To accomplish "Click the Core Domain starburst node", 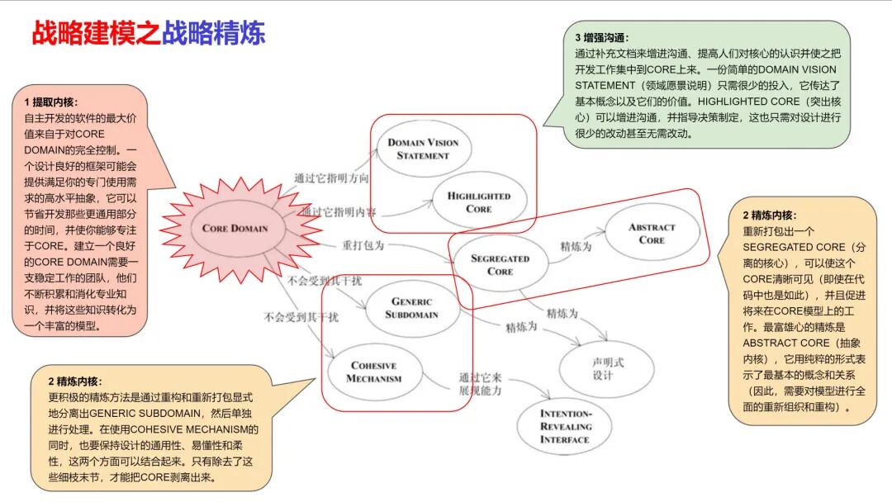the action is [x=235, y=229].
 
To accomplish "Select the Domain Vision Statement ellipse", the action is [x=423, y=149].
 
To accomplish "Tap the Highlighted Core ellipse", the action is [x=478, y=202].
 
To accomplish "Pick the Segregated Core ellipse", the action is [x=500, y=264].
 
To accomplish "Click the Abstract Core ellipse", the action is [x=652, y=234].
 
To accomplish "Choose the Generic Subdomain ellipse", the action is [x=411, y=308].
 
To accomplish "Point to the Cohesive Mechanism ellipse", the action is [x=374, y=372].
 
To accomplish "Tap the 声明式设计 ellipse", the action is [x=602, y=369].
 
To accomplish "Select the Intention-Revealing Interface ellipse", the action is [x=566, y=426].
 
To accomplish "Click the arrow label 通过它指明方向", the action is [x=331, y=178].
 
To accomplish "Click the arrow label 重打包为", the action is [x=363, y=245].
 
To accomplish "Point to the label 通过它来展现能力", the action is [x=480, y=384].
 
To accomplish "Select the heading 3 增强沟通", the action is [x=602, y=37].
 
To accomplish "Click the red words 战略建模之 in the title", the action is [x=96, y=34].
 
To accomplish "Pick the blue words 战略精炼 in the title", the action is [x=213, y=34].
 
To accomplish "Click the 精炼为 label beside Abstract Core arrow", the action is [x=576, y=246].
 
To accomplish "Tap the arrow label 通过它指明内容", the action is [x=338, y=213].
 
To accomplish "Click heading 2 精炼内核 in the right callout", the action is [x=769, y=215].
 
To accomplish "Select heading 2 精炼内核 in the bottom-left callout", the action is [x=75, y=381].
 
